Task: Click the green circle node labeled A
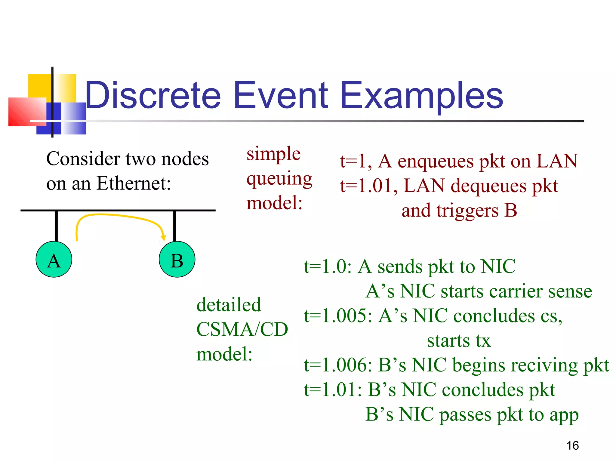tap(54, 259)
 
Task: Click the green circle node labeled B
tap(177, 259)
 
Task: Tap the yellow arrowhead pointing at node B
tap(163, 237)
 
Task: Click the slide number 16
tap(572, 445)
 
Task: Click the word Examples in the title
tap(422, 95)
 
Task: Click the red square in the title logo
tap(27, 112)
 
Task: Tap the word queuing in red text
tap(279, 179)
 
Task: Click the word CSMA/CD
tap(242, 329)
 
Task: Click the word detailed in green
tap(229, 305)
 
